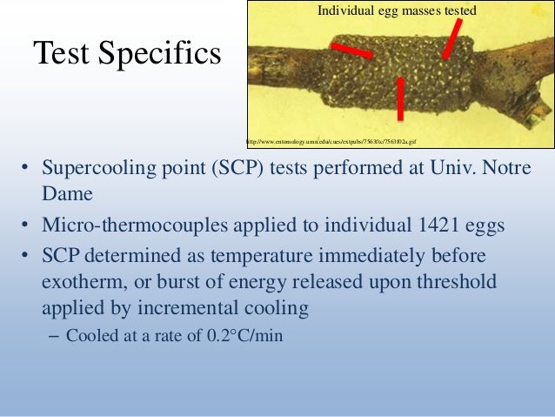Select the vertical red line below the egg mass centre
(400, 98)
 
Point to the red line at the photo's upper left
(351, 49)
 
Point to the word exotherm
(79, 284)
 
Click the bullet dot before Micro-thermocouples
(26, 226)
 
